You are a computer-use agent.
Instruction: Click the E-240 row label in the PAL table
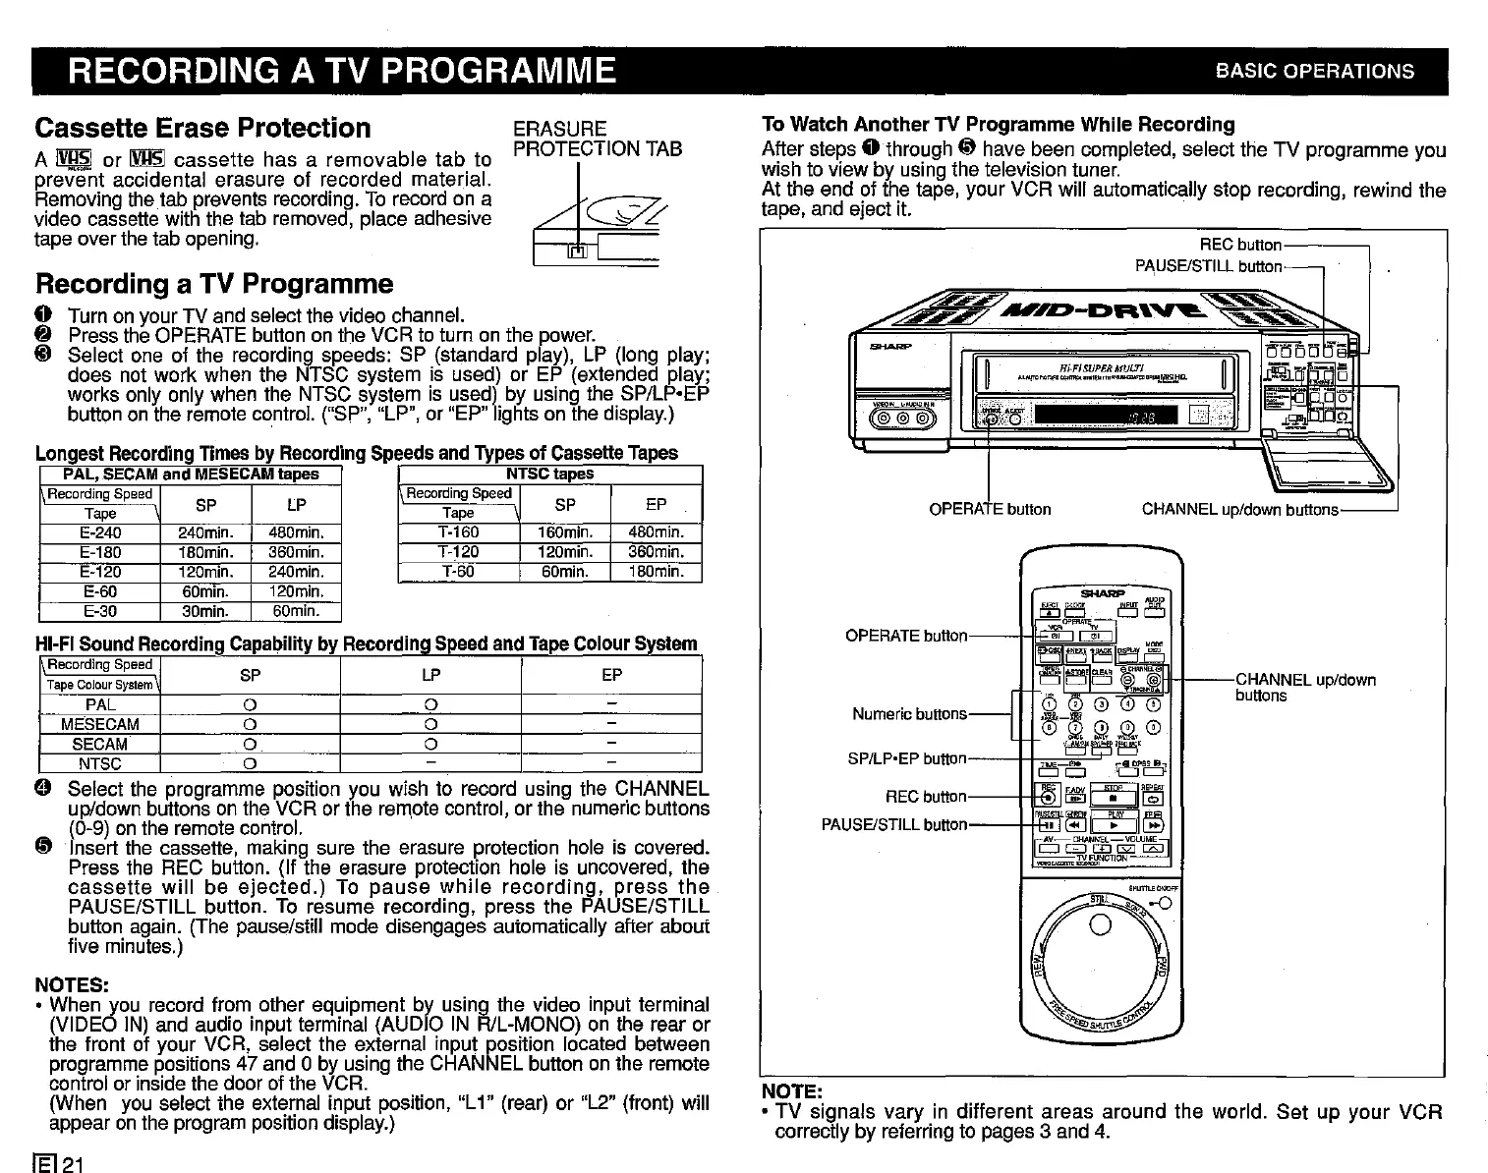tap(99, 532)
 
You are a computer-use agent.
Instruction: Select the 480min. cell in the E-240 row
tap(296, 532)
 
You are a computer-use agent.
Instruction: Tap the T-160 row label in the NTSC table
tap(458, 532)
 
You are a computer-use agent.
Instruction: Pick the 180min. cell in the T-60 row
tap(656, 572)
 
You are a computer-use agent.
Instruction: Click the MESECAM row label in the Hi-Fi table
tap(99, 724)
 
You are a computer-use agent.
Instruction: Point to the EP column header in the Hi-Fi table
tap(611, 675)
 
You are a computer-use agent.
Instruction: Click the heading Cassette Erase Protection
tap(202, 128)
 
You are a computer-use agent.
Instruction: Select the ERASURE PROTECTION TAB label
tap(598, 139)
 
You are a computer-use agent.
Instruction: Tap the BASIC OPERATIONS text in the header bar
tap(1314, 71)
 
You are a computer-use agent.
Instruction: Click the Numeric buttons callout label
tap(909, 714)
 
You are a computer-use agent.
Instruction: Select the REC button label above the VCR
tap(1240, 245)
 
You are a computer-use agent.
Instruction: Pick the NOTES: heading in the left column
tap(72, 984)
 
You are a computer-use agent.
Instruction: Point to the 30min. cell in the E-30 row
tap(205, 611)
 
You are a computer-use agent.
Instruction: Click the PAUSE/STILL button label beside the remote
tap(893, 824)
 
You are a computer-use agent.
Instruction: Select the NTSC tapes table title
tap(549, 474)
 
